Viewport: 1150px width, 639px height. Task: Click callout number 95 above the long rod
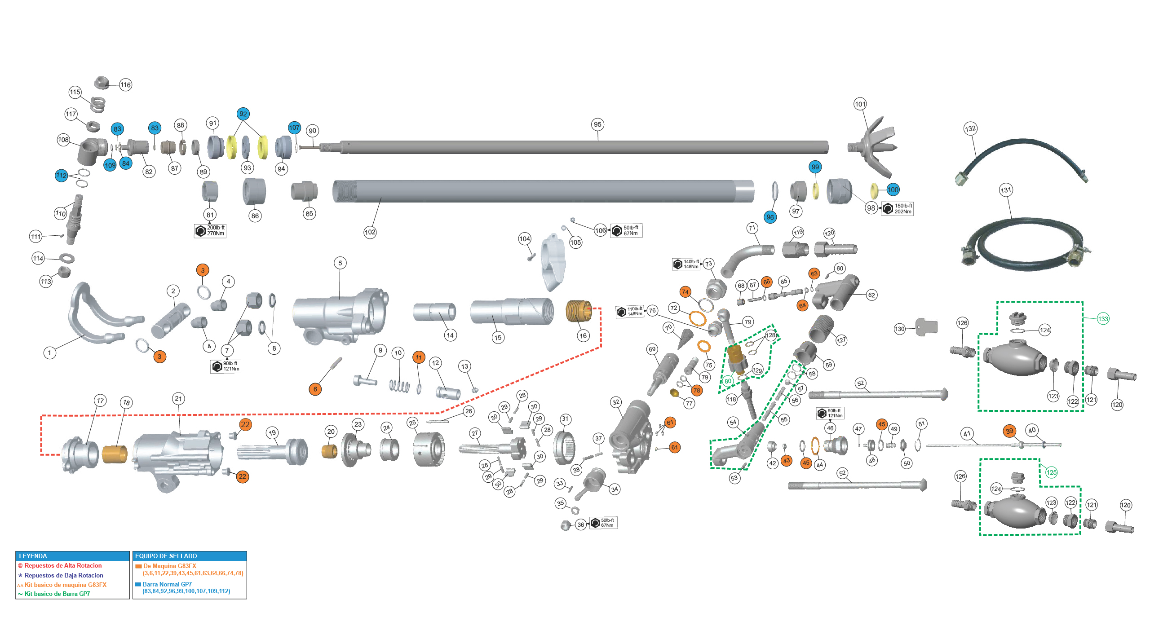[x=597, y=124]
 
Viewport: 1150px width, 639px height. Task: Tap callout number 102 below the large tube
[x=370, y=232]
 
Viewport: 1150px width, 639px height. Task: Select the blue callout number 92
[x=243, y=114]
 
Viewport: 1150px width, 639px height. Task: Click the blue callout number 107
[x=294, y=128]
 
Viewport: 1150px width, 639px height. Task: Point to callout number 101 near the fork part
[x=860, y=104]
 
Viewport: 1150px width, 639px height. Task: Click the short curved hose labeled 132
[x=1020, y=153]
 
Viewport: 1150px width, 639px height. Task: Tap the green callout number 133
[x=1103, y=319]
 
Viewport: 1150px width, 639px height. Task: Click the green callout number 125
[x=1051, y=472]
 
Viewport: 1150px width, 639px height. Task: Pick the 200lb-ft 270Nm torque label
[x=211, y=231]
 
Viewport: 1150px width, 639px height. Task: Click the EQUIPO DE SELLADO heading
[x=166, y=556]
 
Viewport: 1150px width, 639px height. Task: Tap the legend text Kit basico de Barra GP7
[x=57, y=594]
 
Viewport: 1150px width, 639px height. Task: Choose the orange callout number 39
[x=1009, y=431]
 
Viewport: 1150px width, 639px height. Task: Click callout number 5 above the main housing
[x=340, y=263]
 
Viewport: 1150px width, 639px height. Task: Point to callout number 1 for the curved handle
[x=50, y=353]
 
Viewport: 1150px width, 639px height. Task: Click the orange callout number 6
[x=315, y=389]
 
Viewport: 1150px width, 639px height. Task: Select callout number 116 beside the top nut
[x=125, y=84]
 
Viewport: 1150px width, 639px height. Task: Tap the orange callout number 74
[x=685, y=292]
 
